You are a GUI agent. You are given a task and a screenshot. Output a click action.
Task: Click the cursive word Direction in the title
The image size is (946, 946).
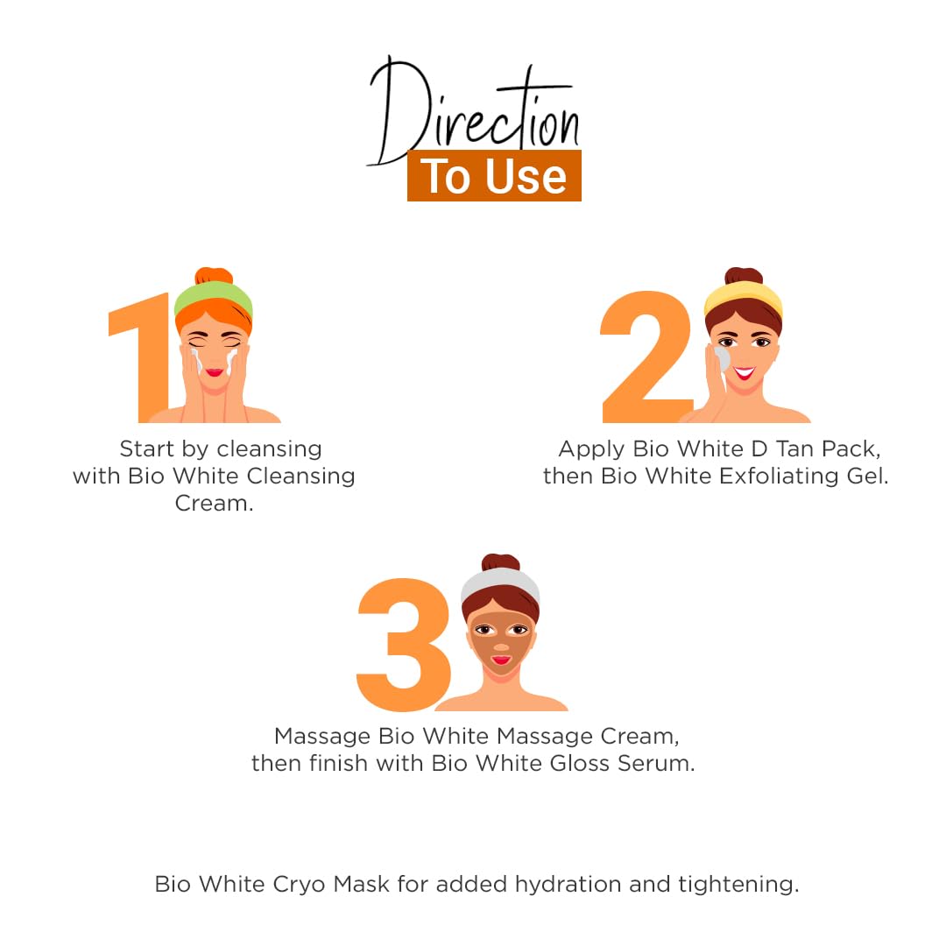(474, 111)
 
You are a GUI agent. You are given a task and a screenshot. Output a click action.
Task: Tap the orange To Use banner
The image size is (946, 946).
(494, 175)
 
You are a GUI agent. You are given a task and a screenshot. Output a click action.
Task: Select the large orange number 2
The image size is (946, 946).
(646, 356)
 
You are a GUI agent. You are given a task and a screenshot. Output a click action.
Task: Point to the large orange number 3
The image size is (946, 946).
(403, 645)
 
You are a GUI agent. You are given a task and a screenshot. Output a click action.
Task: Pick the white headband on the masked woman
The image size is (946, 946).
(500, 583)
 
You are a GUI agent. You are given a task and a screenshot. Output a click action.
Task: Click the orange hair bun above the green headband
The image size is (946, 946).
(214, 276)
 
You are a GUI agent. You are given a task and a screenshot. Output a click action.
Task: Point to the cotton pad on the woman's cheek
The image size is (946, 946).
(722, 358)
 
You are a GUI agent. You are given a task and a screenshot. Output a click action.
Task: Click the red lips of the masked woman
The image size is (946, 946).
(501, 660)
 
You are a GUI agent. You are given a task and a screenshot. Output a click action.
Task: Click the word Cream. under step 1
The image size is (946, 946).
(215, 503)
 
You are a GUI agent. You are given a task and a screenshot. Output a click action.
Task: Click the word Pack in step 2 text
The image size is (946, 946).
(851, 448)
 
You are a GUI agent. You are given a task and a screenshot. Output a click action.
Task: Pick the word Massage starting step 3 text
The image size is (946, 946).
(322, 737)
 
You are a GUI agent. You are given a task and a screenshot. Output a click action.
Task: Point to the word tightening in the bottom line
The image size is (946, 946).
(738, 885)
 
